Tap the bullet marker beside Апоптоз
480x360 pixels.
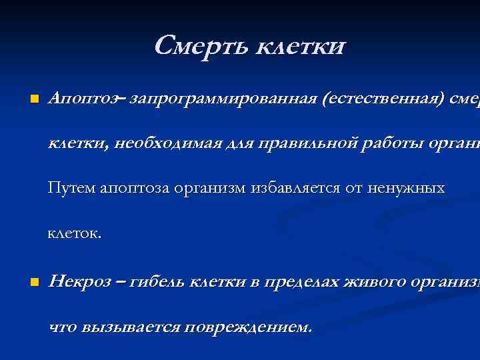[x=25, y=100]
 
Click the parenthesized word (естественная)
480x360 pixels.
[x=378, y=99]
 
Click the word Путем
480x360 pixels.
[x=71, y=189]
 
